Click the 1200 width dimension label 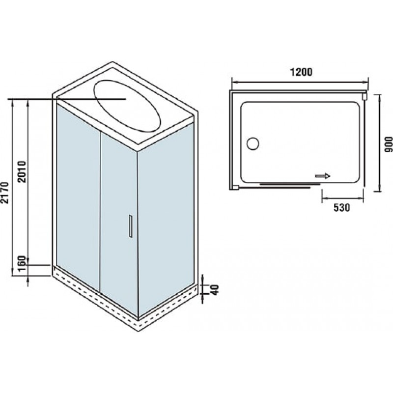point(301,72)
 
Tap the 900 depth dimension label point(388,144)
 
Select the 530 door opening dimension point(341,207)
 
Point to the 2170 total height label point(5,193)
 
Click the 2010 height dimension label point(22,171)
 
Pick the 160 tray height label point(22,263)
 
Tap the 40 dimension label point(215,290)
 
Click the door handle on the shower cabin point(131,226)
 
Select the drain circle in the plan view point(253,143)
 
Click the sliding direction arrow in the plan point(323,176)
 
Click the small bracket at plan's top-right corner point(365,96)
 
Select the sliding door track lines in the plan point(290,185)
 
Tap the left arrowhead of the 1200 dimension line point(234,82)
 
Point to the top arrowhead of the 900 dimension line point(380,97)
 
